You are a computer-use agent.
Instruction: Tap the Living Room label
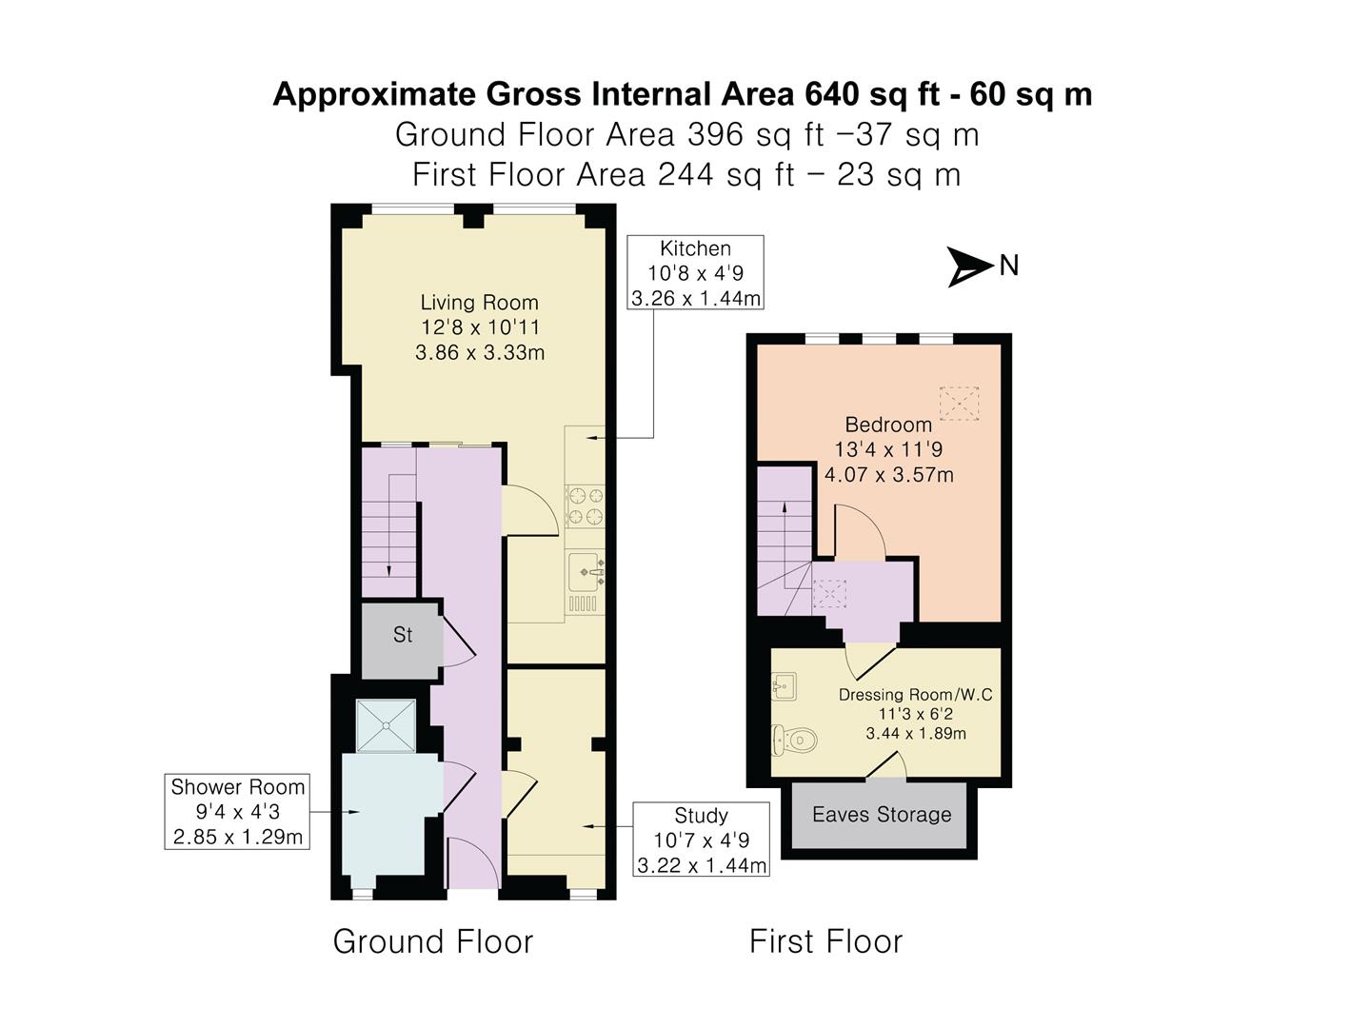click(480, 303)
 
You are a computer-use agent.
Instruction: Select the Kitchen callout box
click(695, 273)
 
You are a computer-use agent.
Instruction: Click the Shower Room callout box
click(237, 812)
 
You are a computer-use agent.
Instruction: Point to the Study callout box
click(701, 840)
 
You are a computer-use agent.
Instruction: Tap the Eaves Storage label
click(882, 815)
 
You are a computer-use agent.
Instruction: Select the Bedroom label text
click(888, 425)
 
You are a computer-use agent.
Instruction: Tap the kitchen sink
click(585, 572)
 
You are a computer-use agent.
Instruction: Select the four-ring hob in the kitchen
click(585, 505)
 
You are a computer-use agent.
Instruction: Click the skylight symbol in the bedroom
click(959, 403)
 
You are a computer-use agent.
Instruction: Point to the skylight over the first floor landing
click(831, 595)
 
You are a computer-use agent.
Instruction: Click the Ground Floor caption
click(433, 941)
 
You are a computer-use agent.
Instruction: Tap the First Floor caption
click(825, 941)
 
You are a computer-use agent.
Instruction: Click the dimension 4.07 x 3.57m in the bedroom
click(888, 474)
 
